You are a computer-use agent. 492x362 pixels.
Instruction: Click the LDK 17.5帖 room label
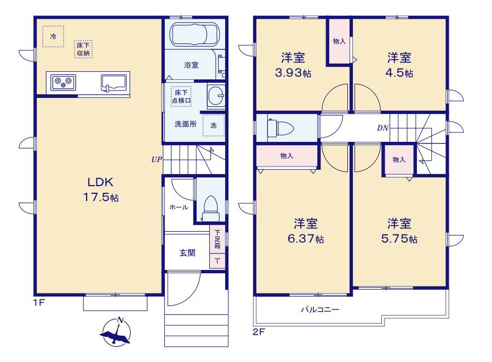[x=100, y=190]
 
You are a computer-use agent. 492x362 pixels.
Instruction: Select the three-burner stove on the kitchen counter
[x=64, y=83]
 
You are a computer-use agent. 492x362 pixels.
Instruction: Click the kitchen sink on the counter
[x=113, y=83]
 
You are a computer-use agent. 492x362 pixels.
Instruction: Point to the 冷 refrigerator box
[x=53, y=36]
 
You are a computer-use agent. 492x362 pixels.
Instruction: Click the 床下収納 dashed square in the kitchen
[x=83, y=49]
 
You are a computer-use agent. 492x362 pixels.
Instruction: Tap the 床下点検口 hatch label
[x=181, y=96]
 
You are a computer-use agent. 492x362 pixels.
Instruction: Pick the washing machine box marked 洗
[x=214, y=125]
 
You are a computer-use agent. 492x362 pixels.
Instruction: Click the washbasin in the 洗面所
[x=216, y=95]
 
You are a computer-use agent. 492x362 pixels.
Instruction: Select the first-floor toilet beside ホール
[x=210, y=209]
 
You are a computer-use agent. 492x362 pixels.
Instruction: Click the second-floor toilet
[x=280, y=128]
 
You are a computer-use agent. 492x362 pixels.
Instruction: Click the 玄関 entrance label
[x=187, y=253]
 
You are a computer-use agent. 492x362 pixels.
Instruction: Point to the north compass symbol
[x=116, y=332]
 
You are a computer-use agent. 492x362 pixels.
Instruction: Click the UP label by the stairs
[x=157, y=159]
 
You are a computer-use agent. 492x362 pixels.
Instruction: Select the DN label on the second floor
[x=383, y=128]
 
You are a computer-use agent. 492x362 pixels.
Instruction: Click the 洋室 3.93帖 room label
[x=293, y=65]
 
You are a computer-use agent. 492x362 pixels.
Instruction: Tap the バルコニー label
[x=321, y=310]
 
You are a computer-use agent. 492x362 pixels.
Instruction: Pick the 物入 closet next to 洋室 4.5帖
[x=339, y=42]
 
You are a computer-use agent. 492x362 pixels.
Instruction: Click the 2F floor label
[x=259, y=332]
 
